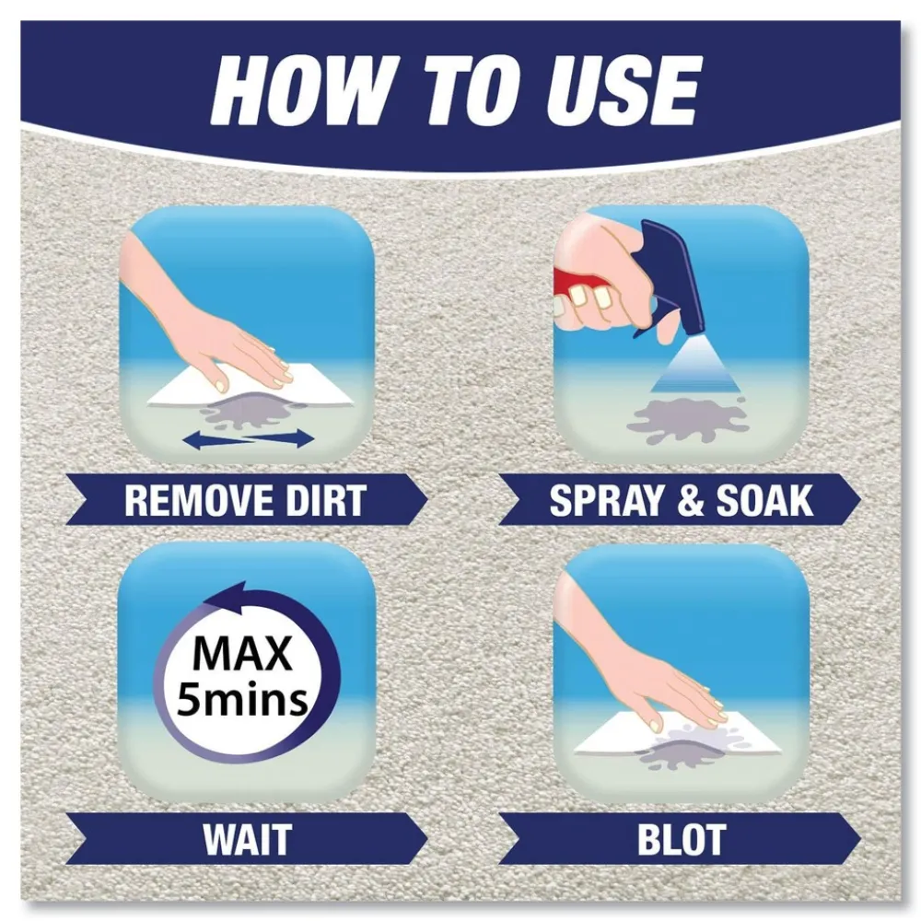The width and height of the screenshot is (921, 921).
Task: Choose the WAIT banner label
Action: (x=246, y=839)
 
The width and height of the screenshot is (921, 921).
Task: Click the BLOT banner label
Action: (x=681, y=839)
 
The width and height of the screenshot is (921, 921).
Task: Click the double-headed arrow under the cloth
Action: (x=249, y=440)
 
